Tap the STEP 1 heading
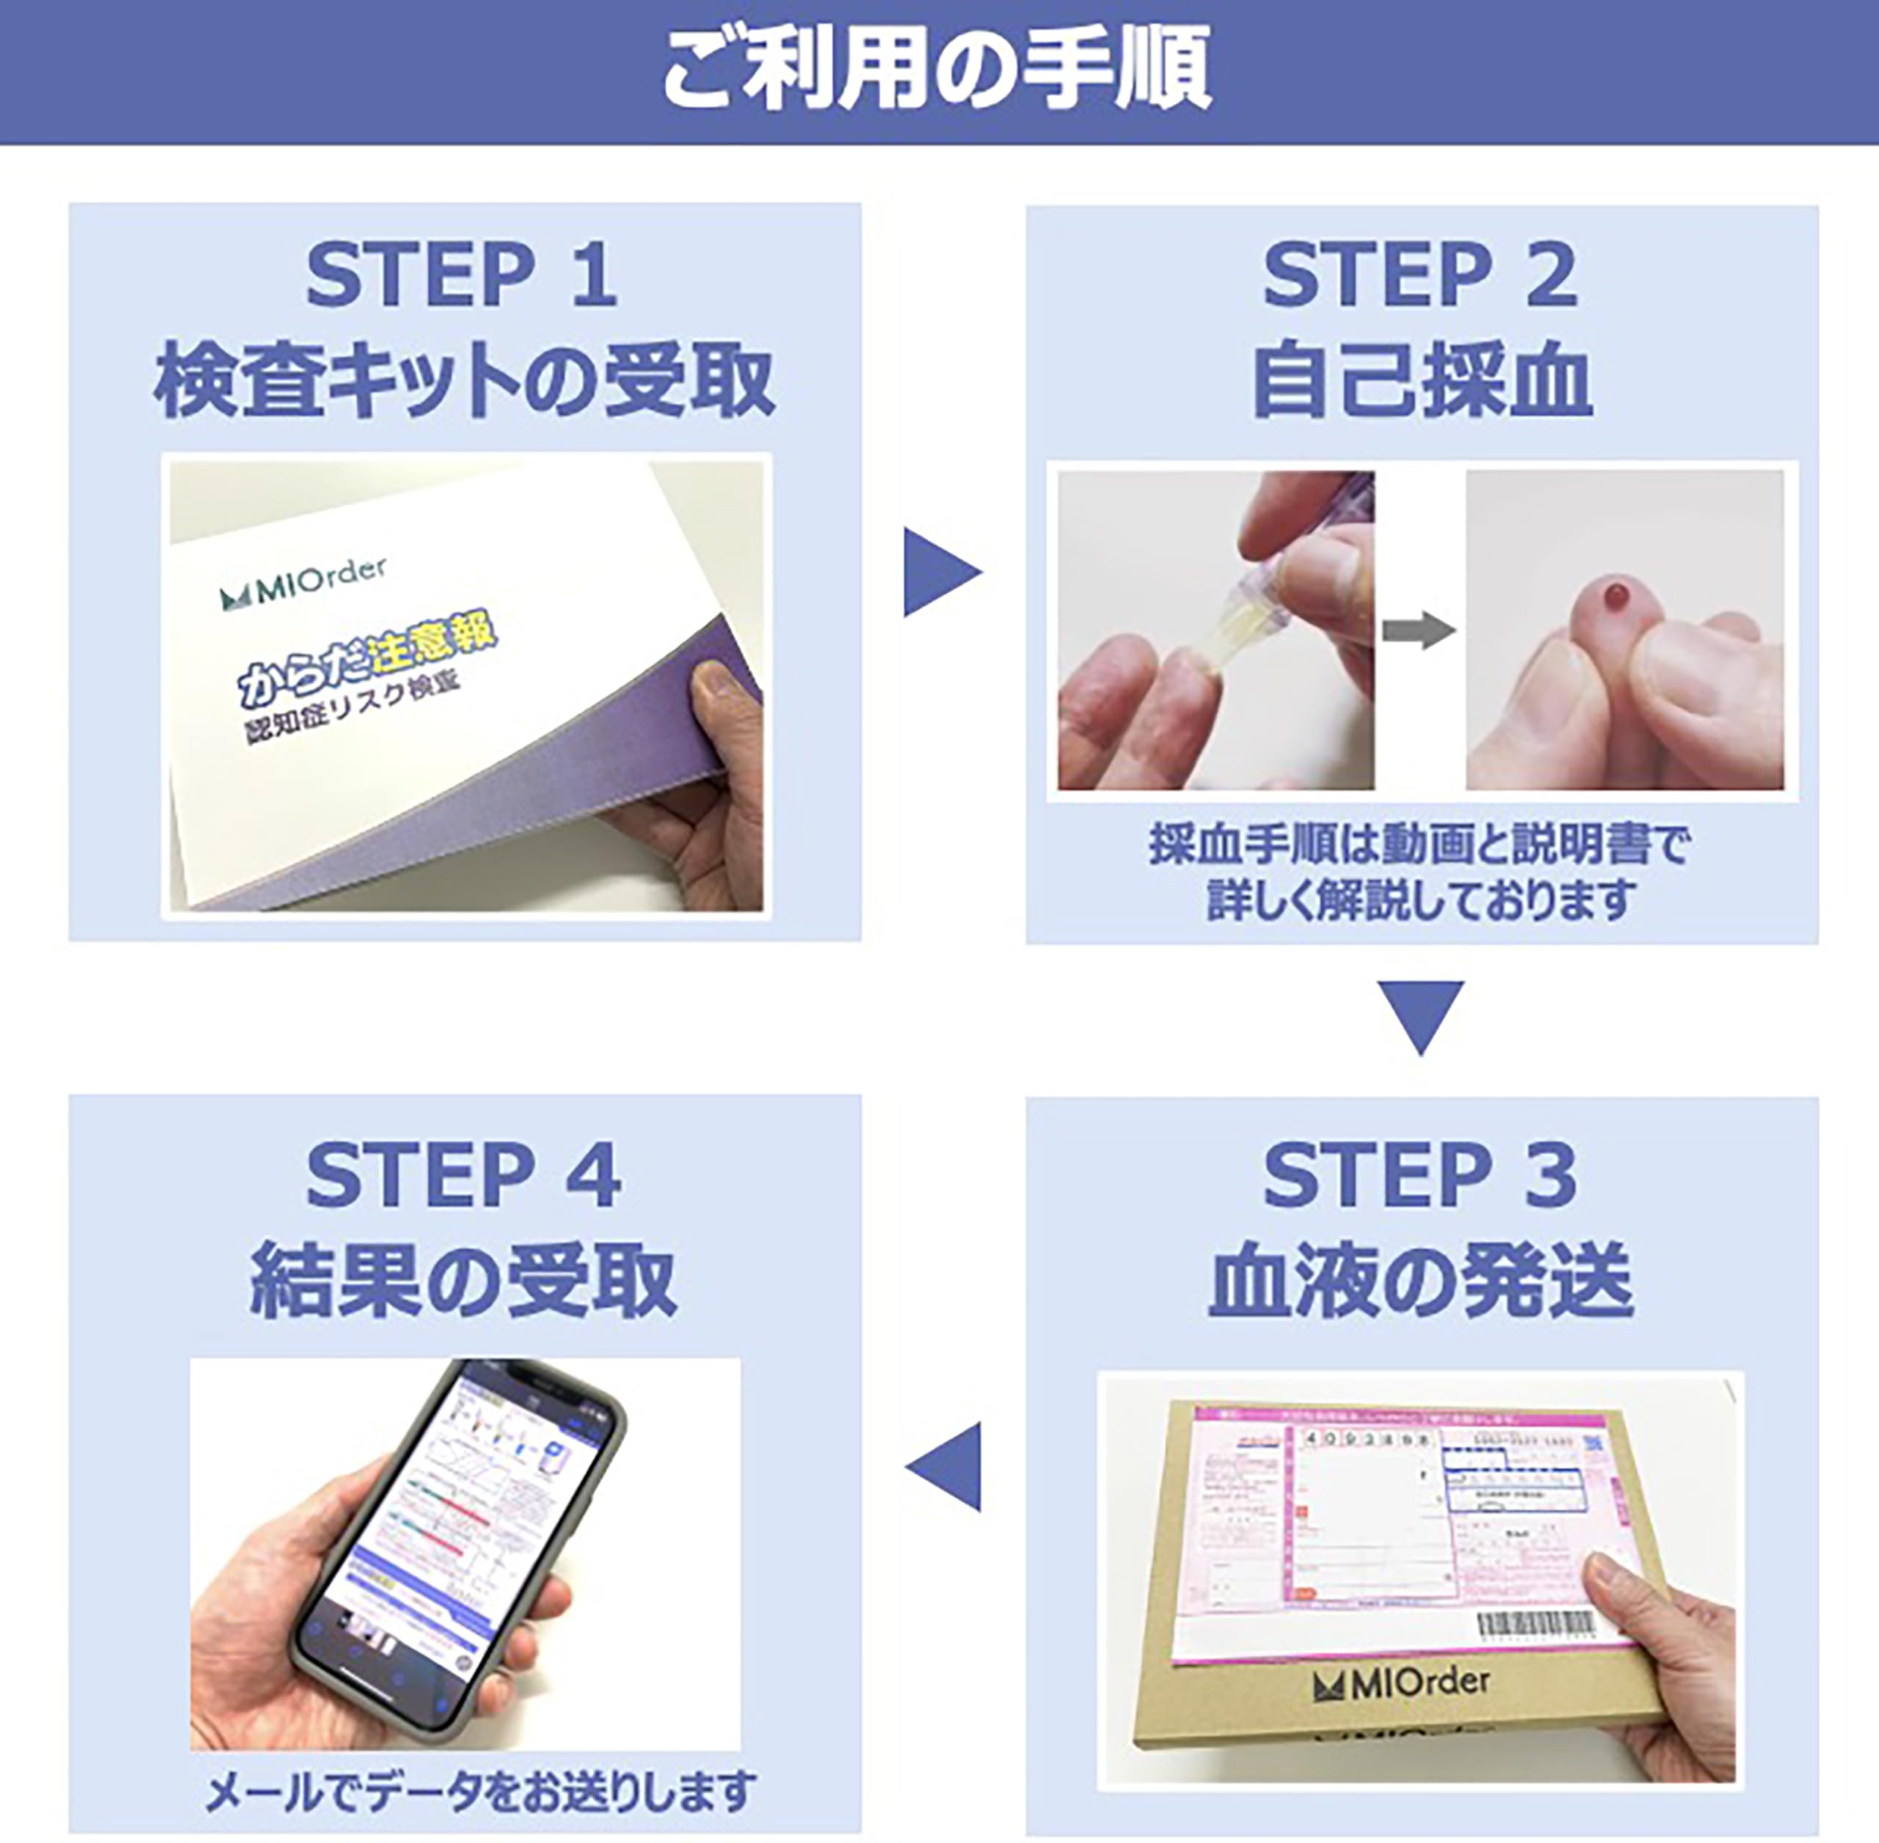[462, 277]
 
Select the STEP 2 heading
[1420, 277]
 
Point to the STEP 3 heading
[1420, 1174]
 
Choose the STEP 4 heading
[462, 1174]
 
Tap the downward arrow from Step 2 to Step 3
[1420, 1017]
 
